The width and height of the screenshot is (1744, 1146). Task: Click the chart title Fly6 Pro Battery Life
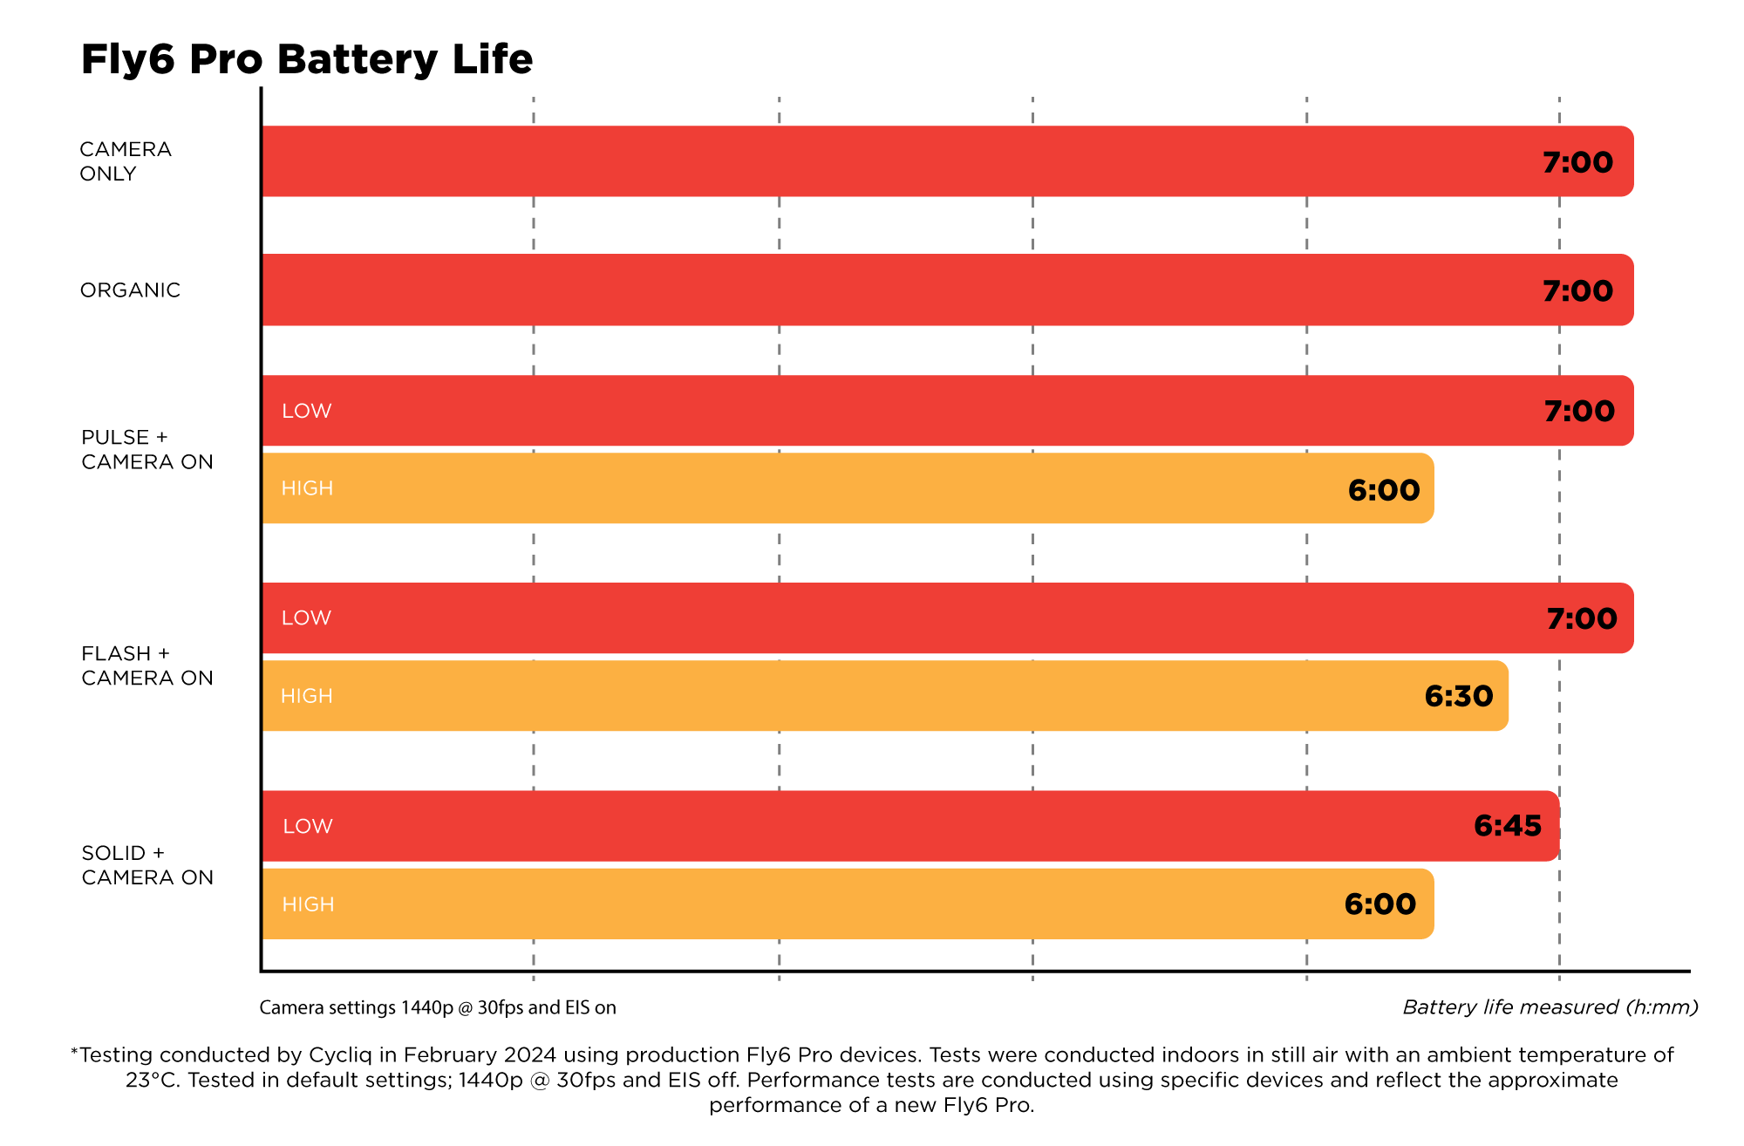pyautogui.click(x=306, y=60)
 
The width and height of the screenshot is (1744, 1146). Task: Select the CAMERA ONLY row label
pyautogui.click(x=126, y=161)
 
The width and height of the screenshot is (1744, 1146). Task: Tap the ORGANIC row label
pyautogui.click(x=130, y=290)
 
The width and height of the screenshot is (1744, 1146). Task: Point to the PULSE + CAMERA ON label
pyautogui.click(x=146, y=450)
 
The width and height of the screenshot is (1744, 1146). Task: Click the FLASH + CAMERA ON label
pyautogui.click(x=146, y=666)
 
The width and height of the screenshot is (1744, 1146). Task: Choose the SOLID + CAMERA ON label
pyautogui.click(x=146, y=865)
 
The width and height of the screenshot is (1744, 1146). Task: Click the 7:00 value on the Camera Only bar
pyautogui.click(x=1577, y=162)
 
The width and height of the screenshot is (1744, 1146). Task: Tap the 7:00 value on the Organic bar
pyautogui.click(x=1577, y=291)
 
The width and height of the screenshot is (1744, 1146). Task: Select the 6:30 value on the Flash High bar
pyautogui.click(x=1458, y=696)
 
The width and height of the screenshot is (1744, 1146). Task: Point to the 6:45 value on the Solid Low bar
pyautogui.click(x=1507, y=826)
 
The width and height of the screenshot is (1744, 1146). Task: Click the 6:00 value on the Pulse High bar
pyautogui.click(x=1384, y=490)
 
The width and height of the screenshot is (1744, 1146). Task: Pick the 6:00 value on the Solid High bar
pyautogui.click(x=1380, y=904)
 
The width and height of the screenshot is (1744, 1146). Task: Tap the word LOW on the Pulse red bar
pyautogui.click(x=306, y=411)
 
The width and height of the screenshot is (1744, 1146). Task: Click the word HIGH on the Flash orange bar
pyautogui.click(x=306, y=696)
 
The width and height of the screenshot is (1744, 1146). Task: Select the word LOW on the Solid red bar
pyautogui.click(x=307, y=826)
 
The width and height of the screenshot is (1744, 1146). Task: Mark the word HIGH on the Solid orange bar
pyautogui.click(x=308, y=904)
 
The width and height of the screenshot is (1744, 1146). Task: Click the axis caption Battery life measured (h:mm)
pyautogui.click(x=1550, y=1007)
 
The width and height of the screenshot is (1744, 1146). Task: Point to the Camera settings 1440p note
pyautogui.click(x=438, y=1008)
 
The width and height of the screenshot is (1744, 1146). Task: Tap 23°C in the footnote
pyautogui.click(x=153, y=1081)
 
